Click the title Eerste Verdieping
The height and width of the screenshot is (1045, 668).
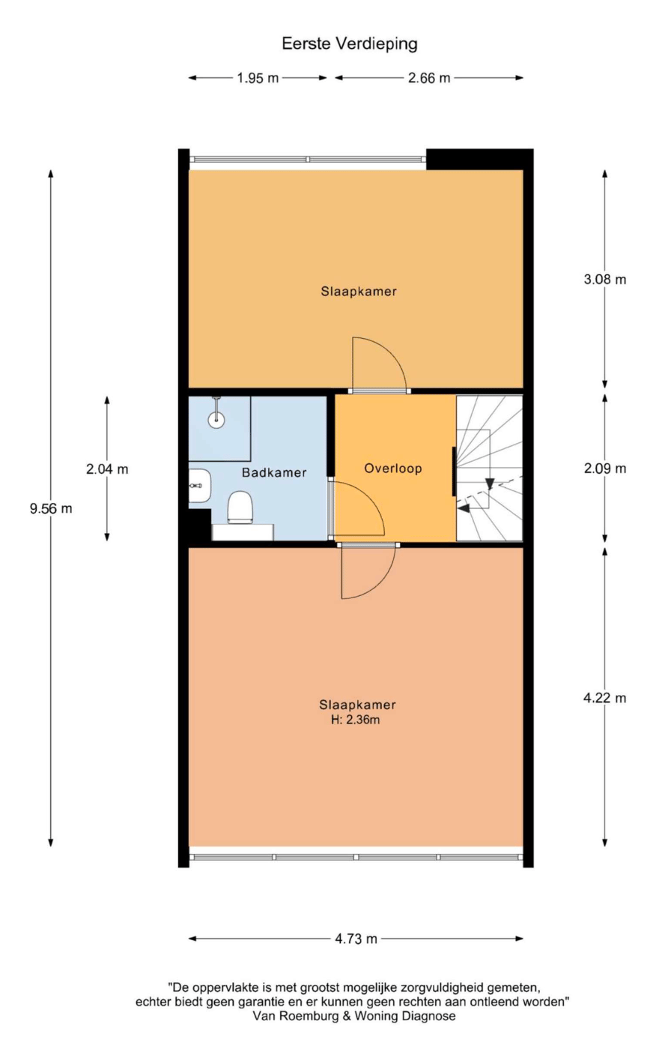349,44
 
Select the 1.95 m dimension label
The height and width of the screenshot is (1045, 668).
258,78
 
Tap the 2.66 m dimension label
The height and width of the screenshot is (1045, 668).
429,78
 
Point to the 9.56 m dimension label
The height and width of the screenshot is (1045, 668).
51,508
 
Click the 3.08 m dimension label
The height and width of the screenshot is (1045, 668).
604,280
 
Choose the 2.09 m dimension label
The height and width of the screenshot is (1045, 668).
604,469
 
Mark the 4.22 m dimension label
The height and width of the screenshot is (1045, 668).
604,698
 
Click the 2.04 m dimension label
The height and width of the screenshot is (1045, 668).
107,469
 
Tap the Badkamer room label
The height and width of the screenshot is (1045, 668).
274,472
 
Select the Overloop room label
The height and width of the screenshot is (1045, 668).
393,469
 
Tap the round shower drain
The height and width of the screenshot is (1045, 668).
216,419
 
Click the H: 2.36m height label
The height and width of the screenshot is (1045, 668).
355,720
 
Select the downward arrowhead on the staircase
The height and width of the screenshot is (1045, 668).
490,484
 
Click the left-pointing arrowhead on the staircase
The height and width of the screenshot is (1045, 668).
464,508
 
